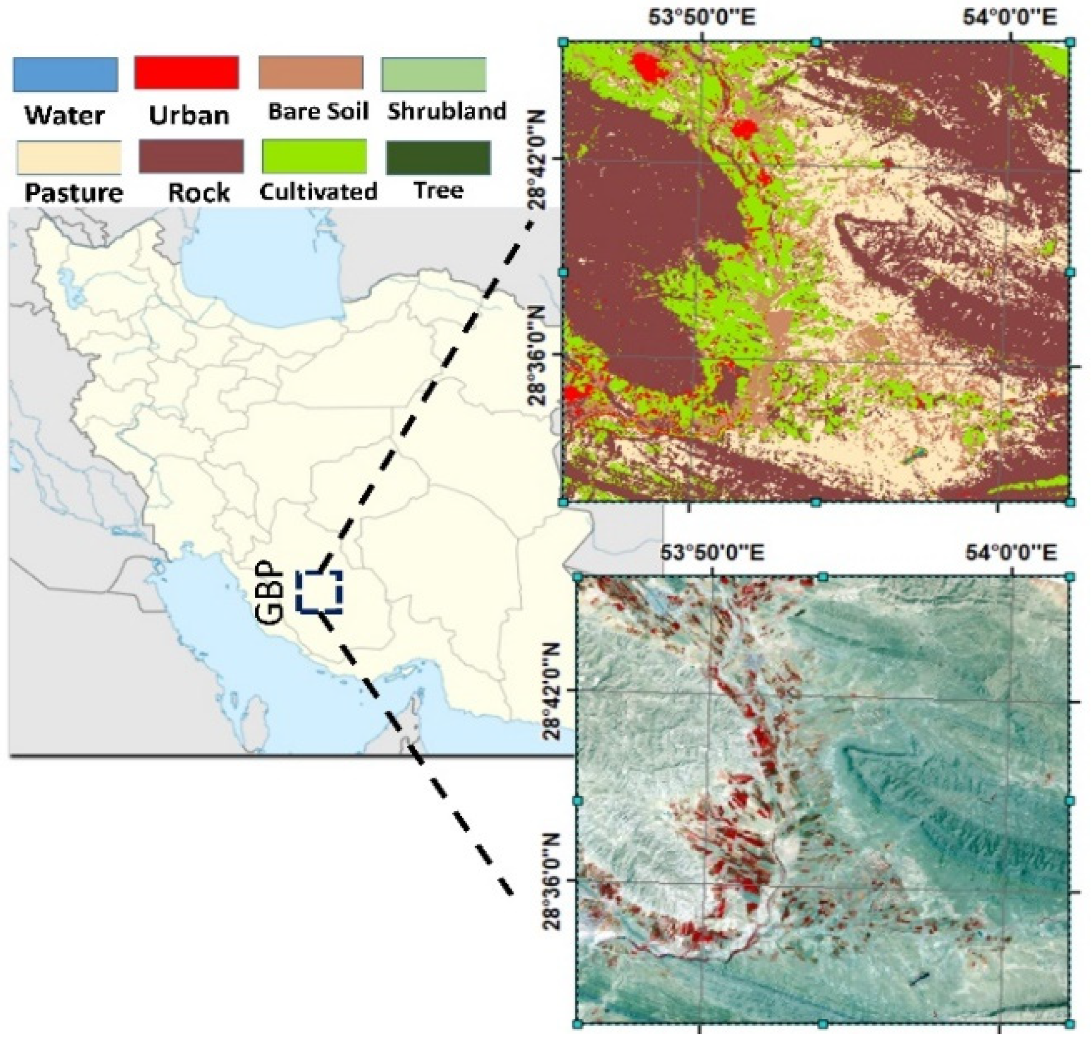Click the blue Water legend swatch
[65, 74]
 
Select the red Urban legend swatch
[187, 73]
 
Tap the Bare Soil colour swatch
[311, 73]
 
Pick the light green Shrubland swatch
[433, 74]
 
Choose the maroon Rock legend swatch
[191, 156]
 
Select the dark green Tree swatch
[438, 157]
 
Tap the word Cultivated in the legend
[318, 191]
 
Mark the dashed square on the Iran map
[319, 592]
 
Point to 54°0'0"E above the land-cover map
[1008, 18]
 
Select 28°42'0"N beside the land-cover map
[538, 158]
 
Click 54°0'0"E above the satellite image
[1011, 553]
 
